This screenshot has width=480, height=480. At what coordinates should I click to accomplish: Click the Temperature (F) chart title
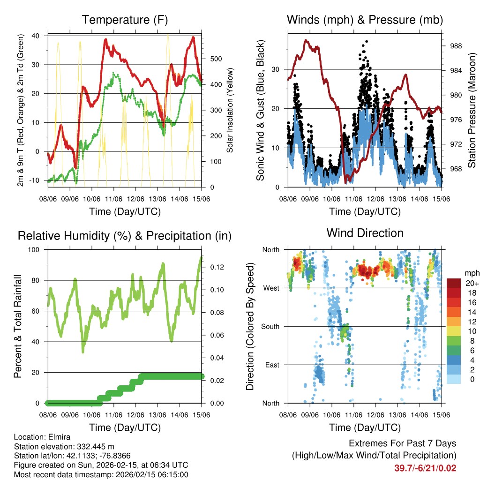125,20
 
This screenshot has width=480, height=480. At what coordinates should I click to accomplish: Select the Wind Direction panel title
365,233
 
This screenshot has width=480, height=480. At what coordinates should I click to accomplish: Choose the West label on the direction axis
272,288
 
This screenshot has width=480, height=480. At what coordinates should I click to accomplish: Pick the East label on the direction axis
273,365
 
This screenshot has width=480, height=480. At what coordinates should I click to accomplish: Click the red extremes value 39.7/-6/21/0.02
425,468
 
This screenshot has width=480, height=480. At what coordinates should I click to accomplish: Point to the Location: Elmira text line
40,436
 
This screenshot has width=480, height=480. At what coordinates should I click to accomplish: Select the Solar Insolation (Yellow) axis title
230,111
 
